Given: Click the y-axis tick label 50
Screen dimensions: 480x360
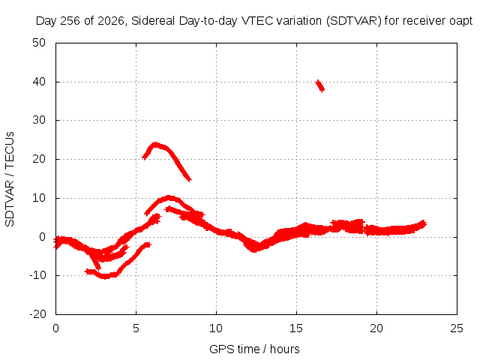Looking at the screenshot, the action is click(39, 43).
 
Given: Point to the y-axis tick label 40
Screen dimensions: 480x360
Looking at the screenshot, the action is click(39, 82).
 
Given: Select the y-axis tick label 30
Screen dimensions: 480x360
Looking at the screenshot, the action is click(39, 120).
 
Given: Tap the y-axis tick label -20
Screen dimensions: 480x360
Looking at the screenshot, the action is click(37, 313).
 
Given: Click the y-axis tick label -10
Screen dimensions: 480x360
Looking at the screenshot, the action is click(37, 275).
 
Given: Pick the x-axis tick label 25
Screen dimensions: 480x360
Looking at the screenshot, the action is click(457, 328).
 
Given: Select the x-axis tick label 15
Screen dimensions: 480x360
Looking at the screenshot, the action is click(296, 328).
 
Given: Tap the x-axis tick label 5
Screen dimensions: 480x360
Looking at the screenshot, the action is click(136, 328).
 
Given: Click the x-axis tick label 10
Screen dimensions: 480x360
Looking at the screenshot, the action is click(216, 328).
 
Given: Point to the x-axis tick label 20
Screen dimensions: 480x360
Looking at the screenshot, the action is click(376, 328).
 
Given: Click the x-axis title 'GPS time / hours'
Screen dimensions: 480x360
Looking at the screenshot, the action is click(254, 349).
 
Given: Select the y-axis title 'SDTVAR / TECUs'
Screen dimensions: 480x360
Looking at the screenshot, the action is click(10, 179).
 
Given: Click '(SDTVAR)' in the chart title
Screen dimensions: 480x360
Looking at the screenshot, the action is click(354, 21).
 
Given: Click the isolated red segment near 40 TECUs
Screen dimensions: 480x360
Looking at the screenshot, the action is click(320, 85).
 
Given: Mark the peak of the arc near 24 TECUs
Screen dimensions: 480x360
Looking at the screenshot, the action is click(155, 145).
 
